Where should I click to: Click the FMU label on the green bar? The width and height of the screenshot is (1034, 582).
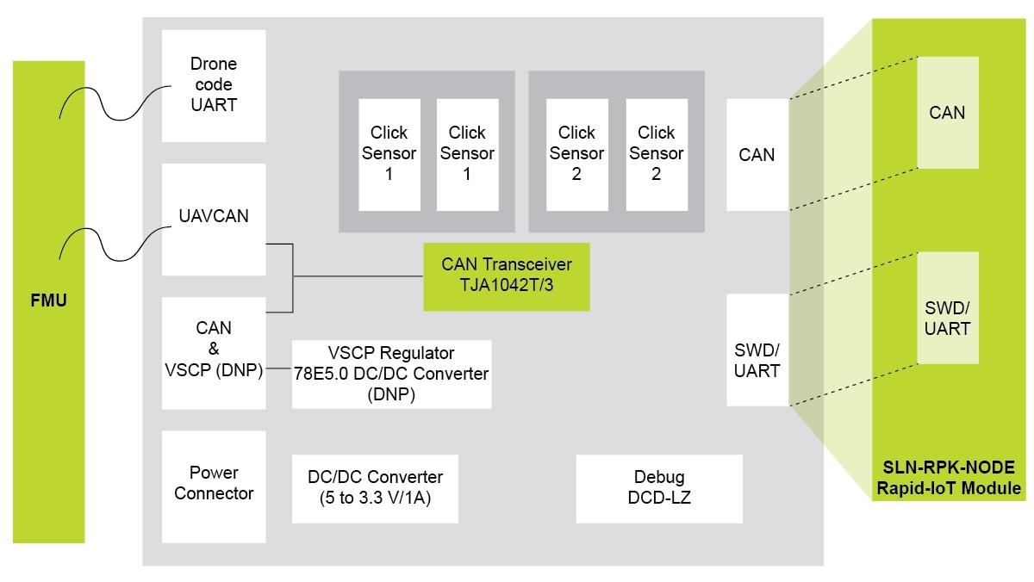(x=49, y=301)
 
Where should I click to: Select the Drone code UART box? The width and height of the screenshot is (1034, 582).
(x=214, y=85)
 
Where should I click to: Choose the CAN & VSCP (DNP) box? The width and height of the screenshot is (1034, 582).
(x=214, y=351)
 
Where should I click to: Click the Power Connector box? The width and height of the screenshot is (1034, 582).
(x=214, y=484)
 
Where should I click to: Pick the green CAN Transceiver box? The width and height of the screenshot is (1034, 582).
(x=506, y=275)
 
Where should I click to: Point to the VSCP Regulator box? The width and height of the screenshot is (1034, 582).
(x=391, y=374)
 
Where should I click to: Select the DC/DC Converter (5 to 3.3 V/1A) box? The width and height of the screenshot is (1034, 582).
(x=375, y=487)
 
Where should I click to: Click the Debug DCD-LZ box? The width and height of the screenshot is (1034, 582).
(x=658, y=487)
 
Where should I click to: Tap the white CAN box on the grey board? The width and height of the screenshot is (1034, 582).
(x=757, y=155)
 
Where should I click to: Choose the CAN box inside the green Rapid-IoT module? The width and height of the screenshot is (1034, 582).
(x=947, y=113)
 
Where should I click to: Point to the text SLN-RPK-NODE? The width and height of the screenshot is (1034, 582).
(x=949, y=468)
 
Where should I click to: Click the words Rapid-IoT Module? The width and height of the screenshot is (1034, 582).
(x=949, y=489)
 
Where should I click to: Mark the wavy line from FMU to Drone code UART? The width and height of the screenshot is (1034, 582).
(x=112, y=102)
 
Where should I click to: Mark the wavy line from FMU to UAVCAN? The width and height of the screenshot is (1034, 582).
(x=112, y=243)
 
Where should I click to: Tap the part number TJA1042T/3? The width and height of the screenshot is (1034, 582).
(x=506, y=284)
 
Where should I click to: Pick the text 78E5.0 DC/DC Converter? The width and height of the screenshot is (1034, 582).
(x=391, y=374)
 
